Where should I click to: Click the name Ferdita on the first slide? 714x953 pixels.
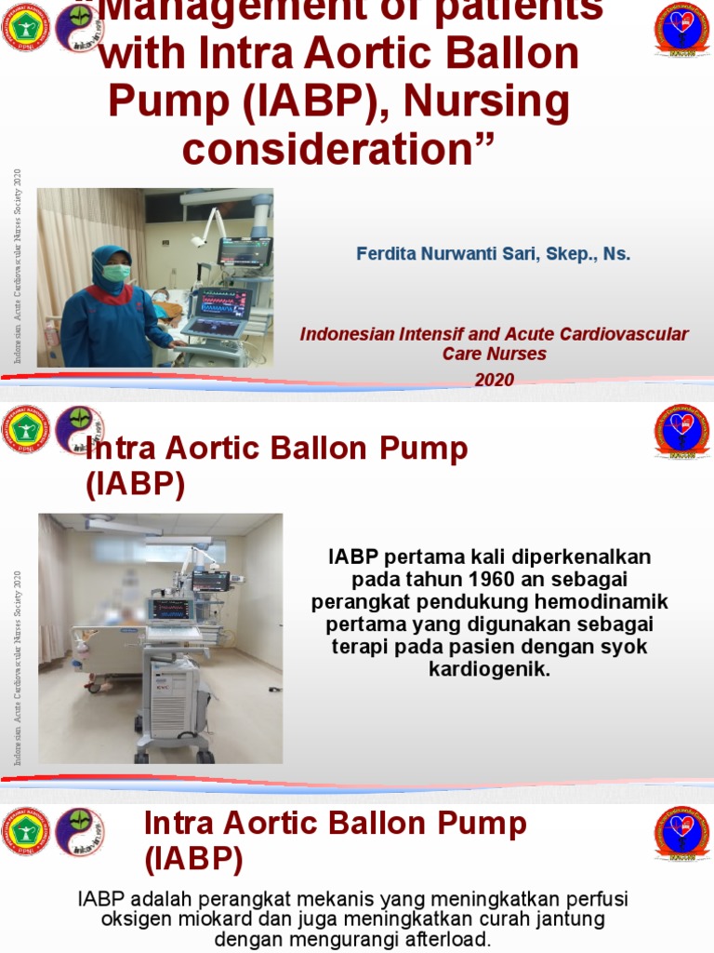(384, 253)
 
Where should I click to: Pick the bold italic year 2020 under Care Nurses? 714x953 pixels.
(495, 379)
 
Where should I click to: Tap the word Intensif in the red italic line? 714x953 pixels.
(418, 334)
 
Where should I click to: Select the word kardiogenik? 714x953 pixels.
(490, 668)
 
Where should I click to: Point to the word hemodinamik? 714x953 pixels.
(610, 601)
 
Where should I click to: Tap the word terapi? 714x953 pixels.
(355, 646)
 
